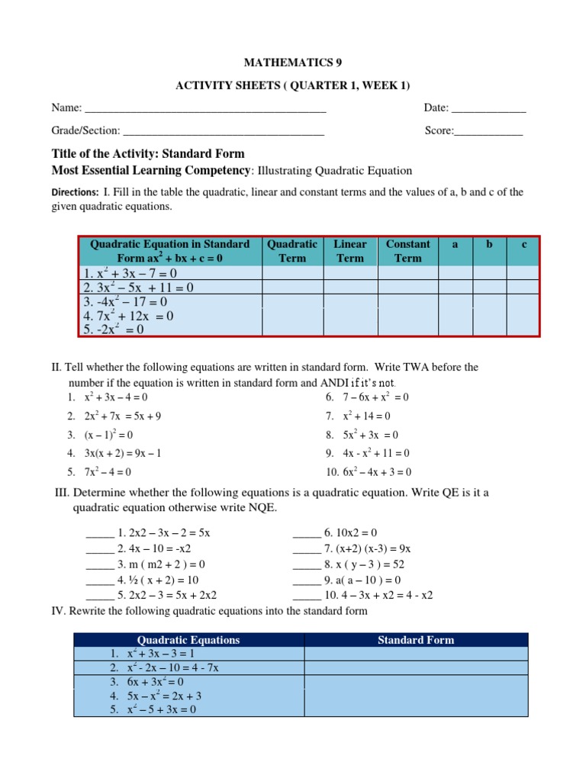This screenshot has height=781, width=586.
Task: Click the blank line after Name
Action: (x=205, y=111)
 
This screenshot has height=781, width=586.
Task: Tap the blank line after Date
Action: (x=489, y=111)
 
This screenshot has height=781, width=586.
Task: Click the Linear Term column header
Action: (x=350, y=251)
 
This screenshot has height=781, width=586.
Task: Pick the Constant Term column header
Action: (x=407, y=251)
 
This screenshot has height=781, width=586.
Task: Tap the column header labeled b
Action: (x=489, y=245)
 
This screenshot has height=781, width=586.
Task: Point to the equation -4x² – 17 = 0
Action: (x=125, y=301)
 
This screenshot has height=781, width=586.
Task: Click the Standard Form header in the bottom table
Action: (x=416, y=640)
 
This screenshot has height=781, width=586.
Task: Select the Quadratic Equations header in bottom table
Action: (x=188, y=640)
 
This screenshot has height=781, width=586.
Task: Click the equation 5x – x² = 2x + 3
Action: (x=166, y=696)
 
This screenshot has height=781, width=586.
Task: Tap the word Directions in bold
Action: (x=75, y=193)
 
